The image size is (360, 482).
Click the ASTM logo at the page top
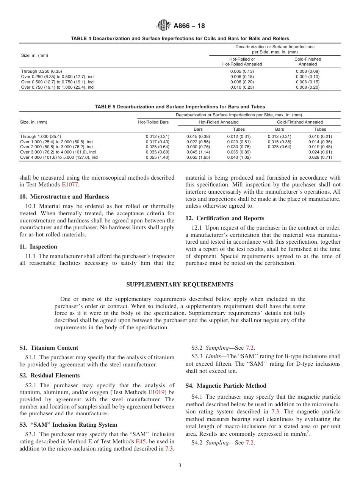pos(164,26)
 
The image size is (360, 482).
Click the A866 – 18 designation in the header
pos(189,26)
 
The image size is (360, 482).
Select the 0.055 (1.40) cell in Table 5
pos(157,157)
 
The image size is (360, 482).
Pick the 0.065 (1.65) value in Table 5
pos(198,157)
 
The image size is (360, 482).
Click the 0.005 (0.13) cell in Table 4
pos(242,71)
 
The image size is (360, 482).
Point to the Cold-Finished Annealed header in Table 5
pos(300,122)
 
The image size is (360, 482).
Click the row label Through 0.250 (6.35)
pos(41,71)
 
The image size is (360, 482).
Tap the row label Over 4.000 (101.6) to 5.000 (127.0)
pos(59,157)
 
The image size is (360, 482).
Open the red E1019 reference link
pos(156,393)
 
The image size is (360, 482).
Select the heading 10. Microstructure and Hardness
pos(64,197)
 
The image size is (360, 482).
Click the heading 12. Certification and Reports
pos(225,218)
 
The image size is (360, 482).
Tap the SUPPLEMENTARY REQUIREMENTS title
pos(180,285)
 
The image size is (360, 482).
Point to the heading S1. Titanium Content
pos(49,348)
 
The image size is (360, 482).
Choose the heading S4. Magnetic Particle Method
pos(225,386)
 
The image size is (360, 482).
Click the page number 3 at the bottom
pos(180,466)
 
